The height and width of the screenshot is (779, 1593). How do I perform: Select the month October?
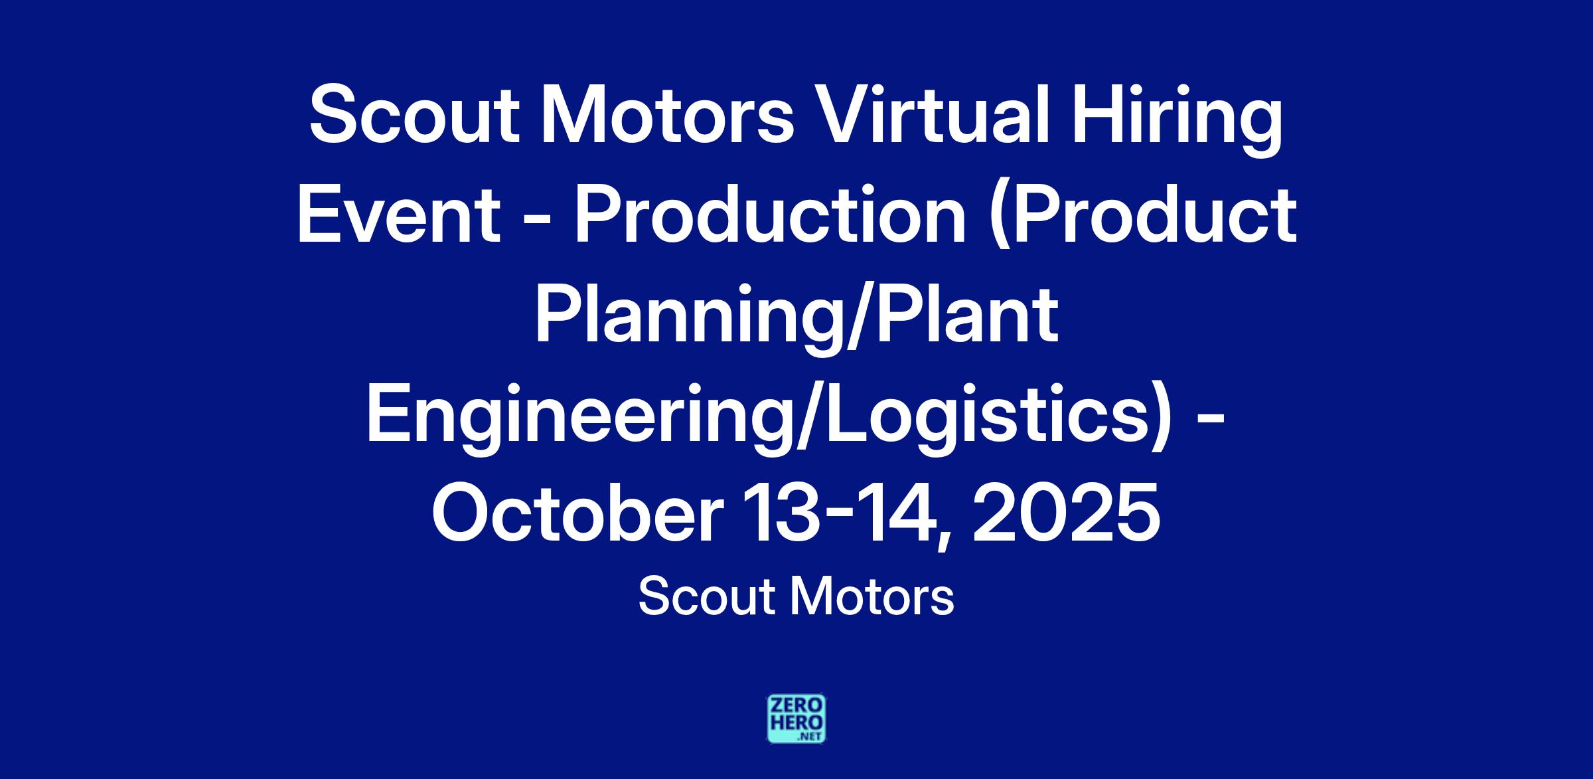[x=578, y=513]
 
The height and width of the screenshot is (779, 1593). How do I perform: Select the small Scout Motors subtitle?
[x=796, y=596]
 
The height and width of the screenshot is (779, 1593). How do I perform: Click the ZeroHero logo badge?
[x=796, y=719]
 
